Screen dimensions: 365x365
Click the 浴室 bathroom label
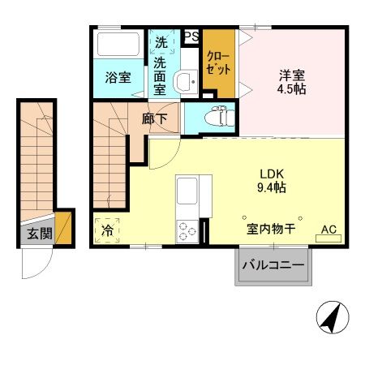coord(118,78)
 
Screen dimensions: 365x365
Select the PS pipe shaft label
coord(192,36)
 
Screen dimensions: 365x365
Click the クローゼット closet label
coord(217,62)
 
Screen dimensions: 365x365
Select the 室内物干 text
coord(271,230)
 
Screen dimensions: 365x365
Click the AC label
coord(328,230)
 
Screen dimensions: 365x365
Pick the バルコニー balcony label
coord(273,266)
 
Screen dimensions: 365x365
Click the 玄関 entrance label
coord(33,234)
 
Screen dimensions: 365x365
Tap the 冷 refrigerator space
coord(107,230)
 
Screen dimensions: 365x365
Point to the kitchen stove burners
coord(187,230)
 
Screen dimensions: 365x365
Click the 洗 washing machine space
coord(161,42)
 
